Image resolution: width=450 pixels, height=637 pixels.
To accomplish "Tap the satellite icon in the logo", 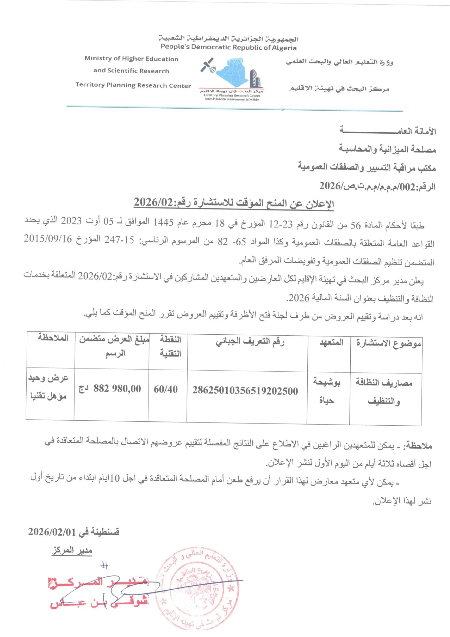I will [x=207, y=65].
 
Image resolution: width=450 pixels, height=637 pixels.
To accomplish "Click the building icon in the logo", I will [x=255, y=78].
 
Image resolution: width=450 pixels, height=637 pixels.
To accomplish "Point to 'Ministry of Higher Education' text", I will [x=131, y=58].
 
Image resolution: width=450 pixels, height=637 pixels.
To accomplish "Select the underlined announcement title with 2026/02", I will [x=234, y=203].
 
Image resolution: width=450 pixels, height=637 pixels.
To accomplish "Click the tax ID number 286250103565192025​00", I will [x=245, y=391].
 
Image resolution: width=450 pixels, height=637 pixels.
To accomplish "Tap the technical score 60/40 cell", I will [x=166, y=389].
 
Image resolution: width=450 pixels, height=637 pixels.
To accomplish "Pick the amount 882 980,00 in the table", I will [x=117, y=389].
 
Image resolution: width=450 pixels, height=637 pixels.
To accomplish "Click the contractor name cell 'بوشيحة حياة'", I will [x=327, y=391].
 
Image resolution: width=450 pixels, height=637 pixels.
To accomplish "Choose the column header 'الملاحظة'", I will [x=53, y=338].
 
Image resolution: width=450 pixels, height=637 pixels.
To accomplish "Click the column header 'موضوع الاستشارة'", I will [x=388, y=343].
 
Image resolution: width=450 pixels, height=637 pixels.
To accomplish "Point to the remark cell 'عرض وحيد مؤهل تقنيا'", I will [x=48, y=387].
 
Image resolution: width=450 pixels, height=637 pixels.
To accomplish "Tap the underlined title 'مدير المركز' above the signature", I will [x=72, y=550].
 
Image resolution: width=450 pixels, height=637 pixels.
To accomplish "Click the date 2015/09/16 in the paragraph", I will [x=48, y=239].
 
